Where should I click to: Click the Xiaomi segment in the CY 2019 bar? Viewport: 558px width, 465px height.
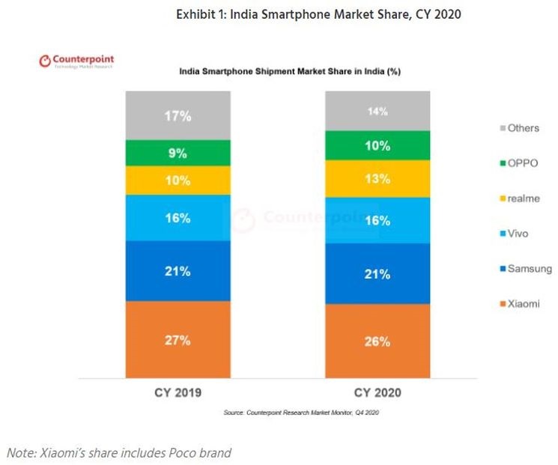point(178,339)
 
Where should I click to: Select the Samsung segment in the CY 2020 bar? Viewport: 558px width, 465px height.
point(377,273)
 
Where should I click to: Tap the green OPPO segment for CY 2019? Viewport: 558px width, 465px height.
point(178,153)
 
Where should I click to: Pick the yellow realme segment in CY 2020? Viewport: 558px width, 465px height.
point(377,179)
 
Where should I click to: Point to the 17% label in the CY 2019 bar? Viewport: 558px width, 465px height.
point(178,116)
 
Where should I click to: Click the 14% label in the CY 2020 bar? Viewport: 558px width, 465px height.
point(377,112)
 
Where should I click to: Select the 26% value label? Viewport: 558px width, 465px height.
point(377,341)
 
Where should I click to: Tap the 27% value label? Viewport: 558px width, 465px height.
point(178,340)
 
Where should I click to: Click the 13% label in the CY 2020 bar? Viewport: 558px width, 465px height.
point(377,179)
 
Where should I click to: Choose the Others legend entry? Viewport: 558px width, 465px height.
point(517,128)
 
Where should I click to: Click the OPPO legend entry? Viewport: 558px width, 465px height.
point(517,162)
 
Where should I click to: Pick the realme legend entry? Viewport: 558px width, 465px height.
point(517,198)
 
